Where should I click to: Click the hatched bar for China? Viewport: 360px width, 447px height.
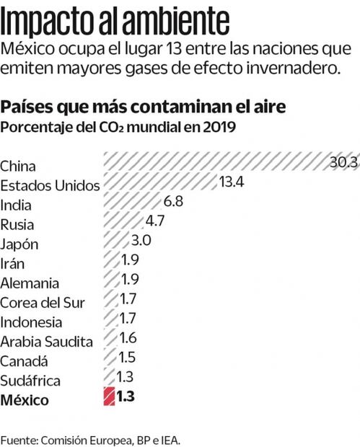pyautogui.click(x=216, y=162)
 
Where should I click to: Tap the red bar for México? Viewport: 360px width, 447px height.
pyautogui.click(x=109, y=396)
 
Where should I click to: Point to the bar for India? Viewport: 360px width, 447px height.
pyautogui.click(x=133, y=202)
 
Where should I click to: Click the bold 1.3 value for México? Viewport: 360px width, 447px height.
pyautogui.click(x=126, y=396)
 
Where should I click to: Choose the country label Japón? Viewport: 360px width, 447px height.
pyautogui.click(x=19, y=244)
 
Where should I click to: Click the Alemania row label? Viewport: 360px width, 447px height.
pyautogui.click(x=30, y=283)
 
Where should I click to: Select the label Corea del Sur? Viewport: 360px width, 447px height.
pyautogui.click(x=42, y=302)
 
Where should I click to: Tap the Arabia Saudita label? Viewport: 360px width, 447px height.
pyautogui.click(x=47, y=341)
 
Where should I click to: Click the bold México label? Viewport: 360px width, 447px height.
pyautogui.click(x=25, y=399)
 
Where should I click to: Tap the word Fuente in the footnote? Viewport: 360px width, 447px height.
pyautogui.click(x=19, y=439)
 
